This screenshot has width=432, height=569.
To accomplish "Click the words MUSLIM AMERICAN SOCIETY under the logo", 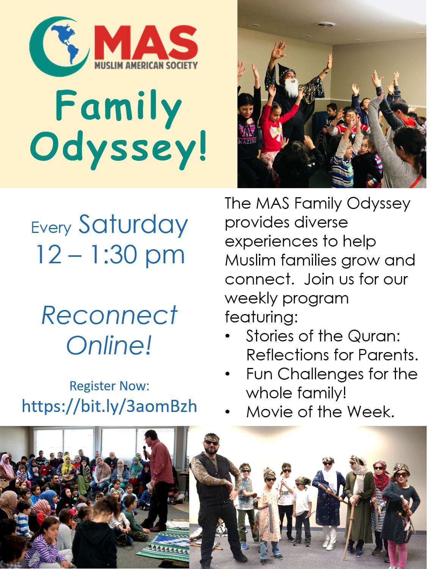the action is coord(146,65).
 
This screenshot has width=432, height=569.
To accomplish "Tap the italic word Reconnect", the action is coord(109,315).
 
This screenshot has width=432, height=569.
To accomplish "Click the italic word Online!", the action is coord(109,345).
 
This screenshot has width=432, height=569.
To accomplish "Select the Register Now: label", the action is coord(110,386).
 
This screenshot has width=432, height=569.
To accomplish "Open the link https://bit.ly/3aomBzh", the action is coord(109,406).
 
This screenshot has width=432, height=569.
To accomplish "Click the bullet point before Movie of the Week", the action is coord(228,412).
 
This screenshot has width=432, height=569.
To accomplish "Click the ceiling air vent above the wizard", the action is coord(327,25).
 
